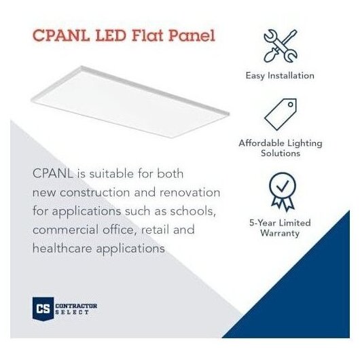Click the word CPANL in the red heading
[61, 35]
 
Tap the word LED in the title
[111, 35]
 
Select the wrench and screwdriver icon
[281, 46]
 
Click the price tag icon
[281, 114]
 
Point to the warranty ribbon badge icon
[283, 192]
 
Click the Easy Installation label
[280, 76]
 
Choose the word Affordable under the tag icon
[262, 143]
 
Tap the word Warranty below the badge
[280, 233]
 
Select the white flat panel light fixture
[130, 102]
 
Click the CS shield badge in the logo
[43, 309]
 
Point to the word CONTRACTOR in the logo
[76, 306]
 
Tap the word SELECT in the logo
[72, 312]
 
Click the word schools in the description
[193, 211]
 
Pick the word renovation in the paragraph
[190, 192]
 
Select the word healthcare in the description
[62, 248]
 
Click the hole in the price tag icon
[291, 105]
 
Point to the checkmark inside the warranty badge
[283, 186]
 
